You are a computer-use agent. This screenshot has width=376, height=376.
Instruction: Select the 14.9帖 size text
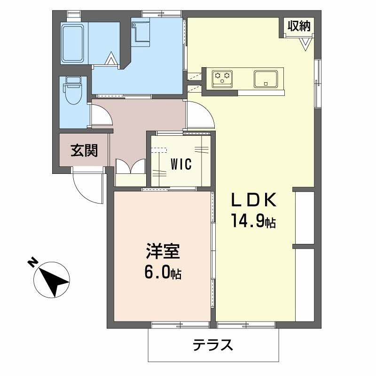pyautogui.click(x=252, y=220)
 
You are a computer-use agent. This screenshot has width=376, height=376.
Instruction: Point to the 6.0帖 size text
pyautogui.click(x=162, y=273)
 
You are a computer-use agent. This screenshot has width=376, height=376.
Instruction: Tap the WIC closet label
pyautogui.click(x=180, y=164)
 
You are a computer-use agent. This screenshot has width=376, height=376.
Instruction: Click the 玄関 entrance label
pyautogui.click(x=84, y=150)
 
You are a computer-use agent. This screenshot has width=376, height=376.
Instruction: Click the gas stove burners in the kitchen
pyautogui.click(x=222, y=78)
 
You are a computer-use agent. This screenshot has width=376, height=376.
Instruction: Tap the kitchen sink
pyautogui.click(x=266, y=78)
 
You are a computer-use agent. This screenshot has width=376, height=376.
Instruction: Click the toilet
pyautogui.click(x=72, y=92)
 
